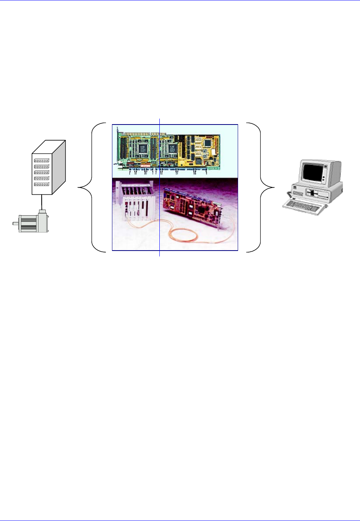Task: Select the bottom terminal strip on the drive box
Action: (x=42, y=184)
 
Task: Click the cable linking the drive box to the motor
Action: (x=42, y=202)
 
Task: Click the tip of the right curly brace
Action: (x=274, y=188)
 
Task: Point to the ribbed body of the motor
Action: (x=28, y=223)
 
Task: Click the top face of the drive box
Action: (x=49, y=147)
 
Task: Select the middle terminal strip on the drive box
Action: (x=42, y=173)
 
